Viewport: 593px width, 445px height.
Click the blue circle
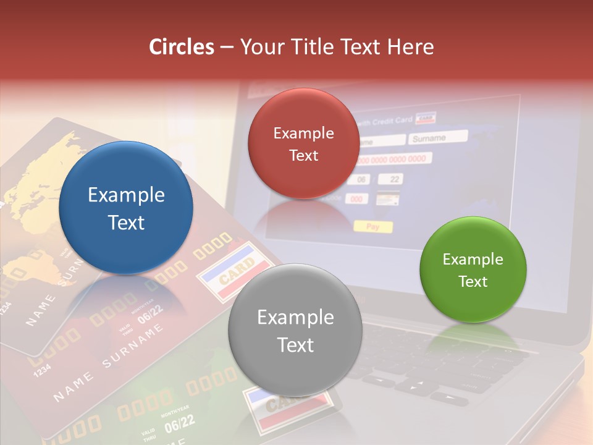(x=126, y=208)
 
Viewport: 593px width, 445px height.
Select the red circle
(x=303, y=143)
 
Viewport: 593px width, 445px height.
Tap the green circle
(x=473, y=269)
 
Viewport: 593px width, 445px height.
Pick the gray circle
(x=295, y=331)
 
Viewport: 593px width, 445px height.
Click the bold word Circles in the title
(x=182, y=47)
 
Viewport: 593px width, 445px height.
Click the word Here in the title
(x=410, y=47)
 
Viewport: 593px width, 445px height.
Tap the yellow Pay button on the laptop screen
(x=372, y=226)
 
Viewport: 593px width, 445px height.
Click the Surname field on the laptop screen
(x=437, y=137)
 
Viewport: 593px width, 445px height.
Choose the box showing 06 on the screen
(x=361, y=180)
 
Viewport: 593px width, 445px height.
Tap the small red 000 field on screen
(x=357, y=199)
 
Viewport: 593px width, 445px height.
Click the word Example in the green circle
(x=473, y=259)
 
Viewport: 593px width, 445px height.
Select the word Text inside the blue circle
(x=126, y=222)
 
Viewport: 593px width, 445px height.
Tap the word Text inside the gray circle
(x=295, y=345)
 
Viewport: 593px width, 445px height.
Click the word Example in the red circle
(x=303, y=133)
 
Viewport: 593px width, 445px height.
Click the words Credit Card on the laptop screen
(x=393, y=119)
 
